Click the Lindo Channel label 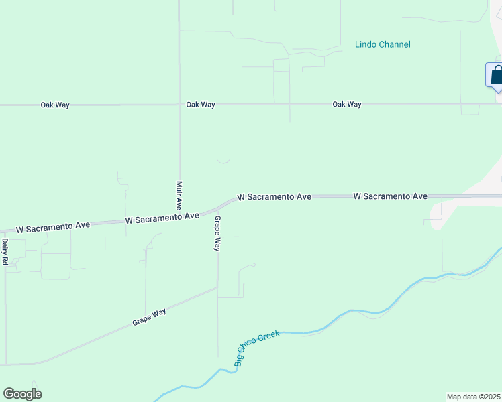(383, 45)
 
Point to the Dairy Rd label (5, 251)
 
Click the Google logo (22, 394)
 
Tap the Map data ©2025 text (473, 397)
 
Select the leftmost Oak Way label (55, 105)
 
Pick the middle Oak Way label (201, 105)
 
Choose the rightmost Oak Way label (346, 105)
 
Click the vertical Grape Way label (217, 233)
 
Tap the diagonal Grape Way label (149, 317)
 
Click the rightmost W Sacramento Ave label (390, 196)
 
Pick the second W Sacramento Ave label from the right (274, 197)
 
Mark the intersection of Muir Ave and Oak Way (179, 105)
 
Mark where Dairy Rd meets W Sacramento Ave (5, 231)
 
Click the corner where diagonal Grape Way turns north (217, 287)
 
